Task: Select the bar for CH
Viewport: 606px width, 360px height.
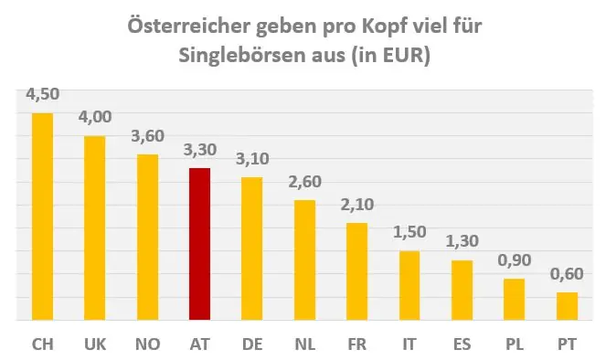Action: click(42, 217)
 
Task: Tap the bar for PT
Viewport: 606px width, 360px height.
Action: click(567, 306)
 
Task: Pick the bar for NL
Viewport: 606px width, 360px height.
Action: click(304, 260)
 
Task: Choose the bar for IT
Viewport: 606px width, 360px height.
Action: click(409, 286)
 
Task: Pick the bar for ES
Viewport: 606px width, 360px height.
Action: click(462, 291)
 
